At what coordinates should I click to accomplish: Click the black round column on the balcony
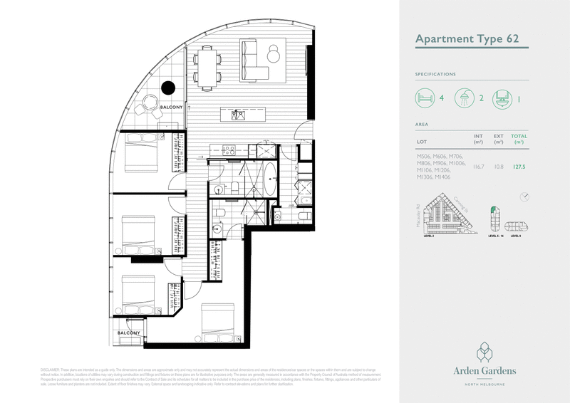(x=168, y=88)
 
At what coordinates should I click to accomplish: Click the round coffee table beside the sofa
(x=274, y=52)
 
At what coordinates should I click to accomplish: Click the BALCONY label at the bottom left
(x=128, y=333)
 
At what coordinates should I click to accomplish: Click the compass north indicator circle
(x=525, y=196)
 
